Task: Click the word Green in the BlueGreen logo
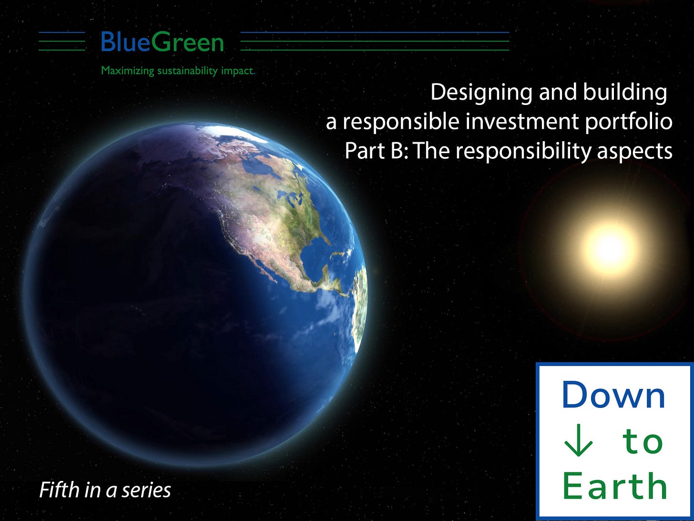(x=187, y=42)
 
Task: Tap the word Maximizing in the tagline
(x=127, y=71)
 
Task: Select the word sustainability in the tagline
(x=188, y=71)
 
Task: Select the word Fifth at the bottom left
(x=59, y=490)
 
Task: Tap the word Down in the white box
(x=614, y=395)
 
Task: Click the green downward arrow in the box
(x=578, y=440)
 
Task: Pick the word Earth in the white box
(x=615, y=486)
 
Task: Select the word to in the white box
(x=642, y=441)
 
